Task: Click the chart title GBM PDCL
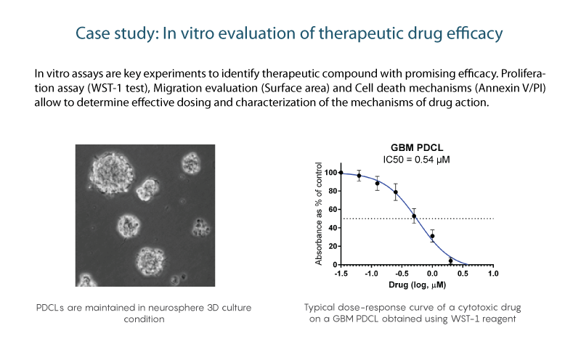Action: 417,148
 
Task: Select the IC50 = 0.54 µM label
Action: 416,160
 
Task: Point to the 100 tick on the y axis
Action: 330,173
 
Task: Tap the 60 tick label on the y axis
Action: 333,210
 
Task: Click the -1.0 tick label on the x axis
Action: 371,274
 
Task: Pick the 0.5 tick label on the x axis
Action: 463,274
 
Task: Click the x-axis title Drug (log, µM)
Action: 417,285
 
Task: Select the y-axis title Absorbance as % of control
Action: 318,214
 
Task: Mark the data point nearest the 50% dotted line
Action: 414,216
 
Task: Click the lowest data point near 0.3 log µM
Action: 450,261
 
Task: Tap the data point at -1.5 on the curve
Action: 341,173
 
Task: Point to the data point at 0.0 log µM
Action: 432,236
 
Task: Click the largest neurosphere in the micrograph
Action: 110,171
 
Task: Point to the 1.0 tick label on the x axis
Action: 493,274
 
